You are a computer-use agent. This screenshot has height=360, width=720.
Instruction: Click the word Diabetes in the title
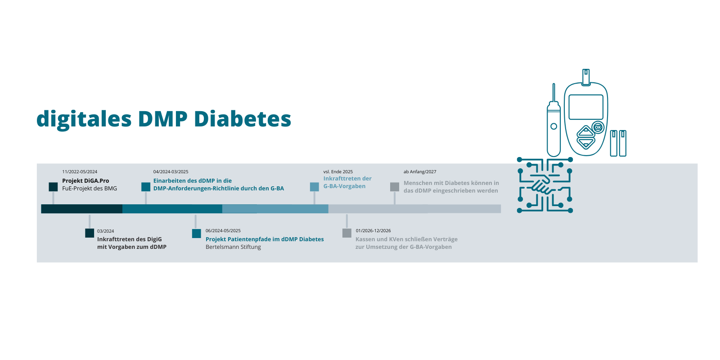243,119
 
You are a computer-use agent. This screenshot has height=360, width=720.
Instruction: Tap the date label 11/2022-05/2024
80,171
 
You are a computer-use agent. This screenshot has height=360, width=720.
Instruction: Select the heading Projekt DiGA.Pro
85,180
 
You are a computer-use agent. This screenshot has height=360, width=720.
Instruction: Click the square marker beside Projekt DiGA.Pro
54,187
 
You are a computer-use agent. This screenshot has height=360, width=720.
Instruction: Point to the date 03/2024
105,231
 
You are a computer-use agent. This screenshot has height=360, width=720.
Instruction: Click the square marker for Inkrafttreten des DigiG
90,233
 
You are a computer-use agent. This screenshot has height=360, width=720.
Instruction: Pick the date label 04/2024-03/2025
171,171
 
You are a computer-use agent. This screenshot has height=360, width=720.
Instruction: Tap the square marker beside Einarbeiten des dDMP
146,187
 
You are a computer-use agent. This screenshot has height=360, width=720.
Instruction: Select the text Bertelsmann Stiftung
234,247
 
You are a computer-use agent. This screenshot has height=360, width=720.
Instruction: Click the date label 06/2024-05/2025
223,231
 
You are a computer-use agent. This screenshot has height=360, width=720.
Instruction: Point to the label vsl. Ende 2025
338,171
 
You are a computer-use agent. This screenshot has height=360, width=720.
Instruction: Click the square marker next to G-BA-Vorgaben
315,187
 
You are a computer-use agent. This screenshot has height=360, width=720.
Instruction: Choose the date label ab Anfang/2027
420,171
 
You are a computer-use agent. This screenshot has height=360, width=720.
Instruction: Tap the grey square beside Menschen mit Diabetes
395,187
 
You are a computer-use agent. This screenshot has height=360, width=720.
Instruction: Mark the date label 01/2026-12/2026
373,231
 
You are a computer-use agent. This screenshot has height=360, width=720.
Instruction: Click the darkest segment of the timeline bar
81,209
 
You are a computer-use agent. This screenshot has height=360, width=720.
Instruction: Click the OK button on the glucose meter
598,128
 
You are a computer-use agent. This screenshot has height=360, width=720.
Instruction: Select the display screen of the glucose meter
585,107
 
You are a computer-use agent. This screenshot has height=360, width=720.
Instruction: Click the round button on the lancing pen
553,126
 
